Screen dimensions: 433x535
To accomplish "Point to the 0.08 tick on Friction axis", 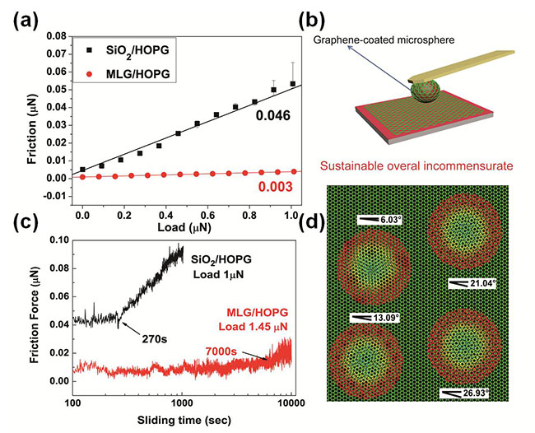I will click(x=53, y=37).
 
